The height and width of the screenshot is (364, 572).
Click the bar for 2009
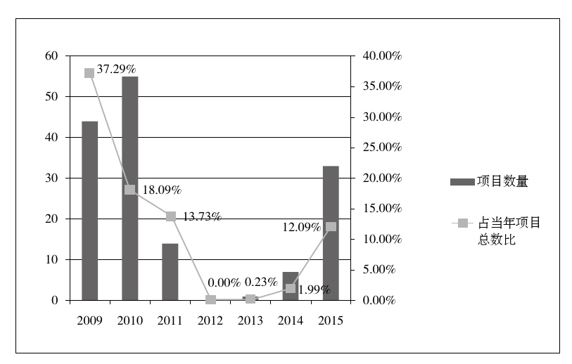click(89, 211)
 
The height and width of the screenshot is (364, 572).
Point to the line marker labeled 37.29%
click(89, 73)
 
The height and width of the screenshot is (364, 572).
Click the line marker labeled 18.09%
click(129, 190)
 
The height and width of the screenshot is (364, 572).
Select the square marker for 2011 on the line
click(170, 216)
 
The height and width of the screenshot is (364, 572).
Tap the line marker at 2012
click(210, 300)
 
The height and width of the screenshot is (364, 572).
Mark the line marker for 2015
click(331, 226)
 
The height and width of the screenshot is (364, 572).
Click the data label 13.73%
click(202, 216)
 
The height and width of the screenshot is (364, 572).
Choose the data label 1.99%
click(314, 290)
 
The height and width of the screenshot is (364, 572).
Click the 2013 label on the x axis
click(250, 320)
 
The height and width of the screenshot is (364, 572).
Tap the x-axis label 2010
click(129, 320)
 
